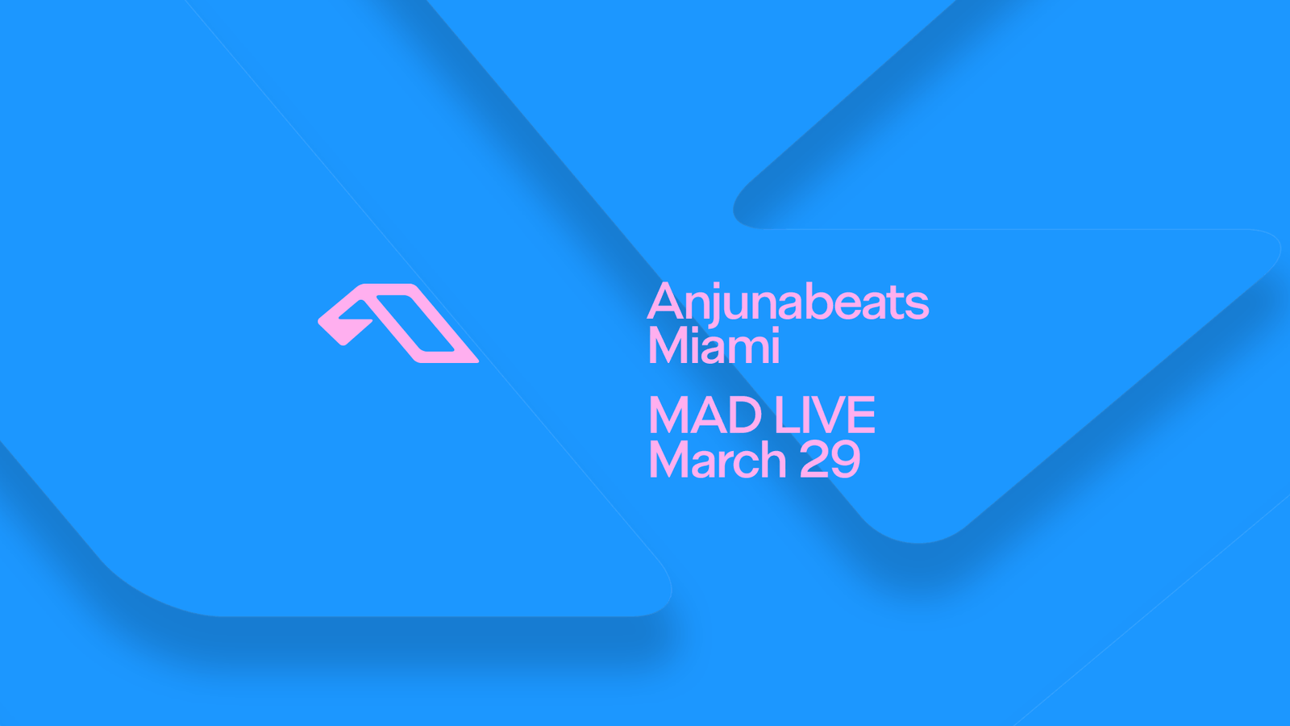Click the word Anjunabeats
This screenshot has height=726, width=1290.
pos(788,302)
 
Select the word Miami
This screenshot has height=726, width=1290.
pos(714,345)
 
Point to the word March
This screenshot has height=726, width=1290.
pos(718,459)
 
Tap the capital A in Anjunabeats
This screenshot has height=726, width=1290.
pos(665,301)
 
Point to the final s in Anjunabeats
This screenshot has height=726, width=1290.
pos(916,306)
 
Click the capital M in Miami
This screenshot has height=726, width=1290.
pos(668,345)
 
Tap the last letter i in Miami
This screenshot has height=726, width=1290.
pos(775,345)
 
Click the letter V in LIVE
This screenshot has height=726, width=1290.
pos(828,415)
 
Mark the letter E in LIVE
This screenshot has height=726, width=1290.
pos(863,415)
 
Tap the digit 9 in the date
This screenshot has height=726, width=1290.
pos(846,459)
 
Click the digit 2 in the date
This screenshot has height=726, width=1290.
pos(814,459)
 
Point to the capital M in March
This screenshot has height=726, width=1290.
pos(669,459)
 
